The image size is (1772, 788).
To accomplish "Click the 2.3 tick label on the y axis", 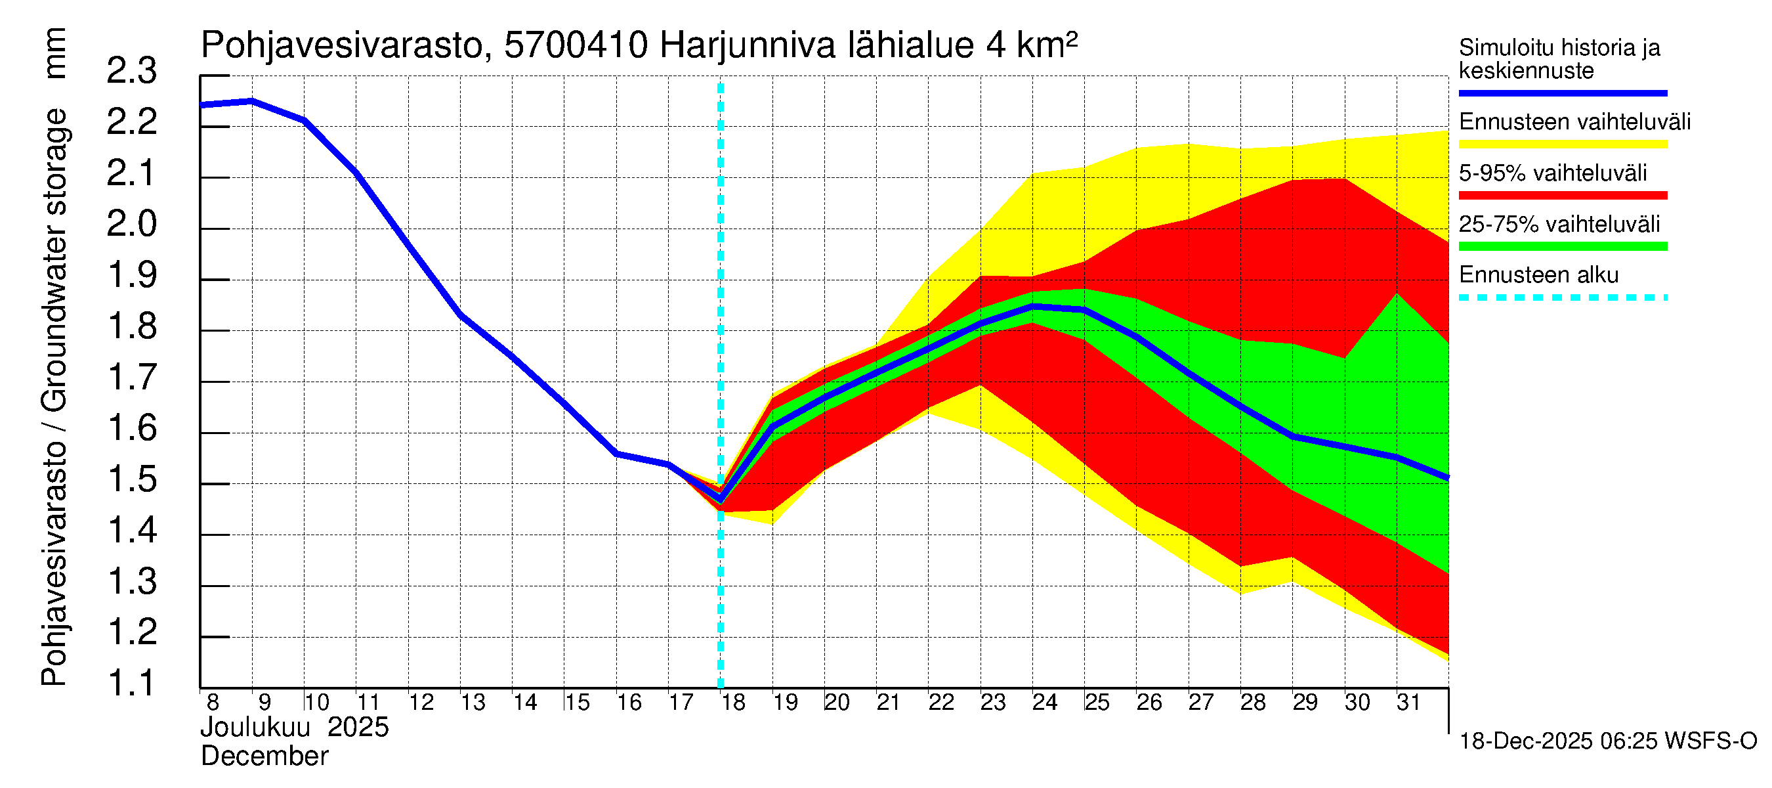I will click(x=131, y=72).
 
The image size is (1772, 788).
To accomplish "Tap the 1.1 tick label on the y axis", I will click(x=131, y=684).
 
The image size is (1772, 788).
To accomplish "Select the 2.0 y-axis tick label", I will click(x=131, y=225).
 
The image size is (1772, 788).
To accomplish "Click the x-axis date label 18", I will click(x=733, y=703).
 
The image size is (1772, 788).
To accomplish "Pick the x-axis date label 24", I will click(x=1045, y=703).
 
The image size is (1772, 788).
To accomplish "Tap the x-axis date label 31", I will click(x=1409, y=703).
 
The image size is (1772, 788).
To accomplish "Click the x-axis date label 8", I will click(x=213, y=703).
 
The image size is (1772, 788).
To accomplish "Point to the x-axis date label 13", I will click(x=473, y=703).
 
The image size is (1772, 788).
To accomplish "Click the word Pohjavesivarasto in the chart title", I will click(x=343, y=46).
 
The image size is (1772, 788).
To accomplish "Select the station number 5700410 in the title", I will click(x=576, y=46).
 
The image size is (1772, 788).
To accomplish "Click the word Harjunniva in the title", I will click(x=747, y=46).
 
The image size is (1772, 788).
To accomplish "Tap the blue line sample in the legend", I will click(x=1562, y=93).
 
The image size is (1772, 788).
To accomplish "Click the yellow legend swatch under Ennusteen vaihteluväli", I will click(x=1562, y=144).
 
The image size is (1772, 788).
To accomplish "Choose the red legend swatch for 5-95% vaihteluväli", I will click(x=1562, y=196).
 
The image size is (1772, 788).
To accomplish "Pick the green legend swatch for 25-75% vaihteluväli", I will click(x=1562, y=246).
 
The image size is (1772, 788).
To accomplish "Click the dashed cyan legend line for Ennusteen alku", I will click(x=1562, y=298).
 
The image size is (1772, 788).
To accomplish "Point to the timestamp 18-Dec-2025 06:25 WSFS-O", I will click(x=1607, y=741).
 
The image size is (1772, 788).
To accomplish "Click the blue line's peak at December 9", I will click(x=252, y=101).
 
